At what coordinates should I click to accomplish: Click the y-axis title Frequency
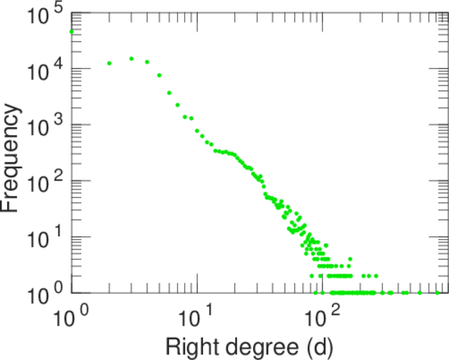pyautogui.click(x=13, y=159)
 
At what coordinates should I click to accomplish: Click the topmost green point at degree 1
pyautogui.click(x=72, y=32)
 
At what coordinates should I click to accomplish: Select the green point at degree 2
pyautogui.click(x=109, y=63)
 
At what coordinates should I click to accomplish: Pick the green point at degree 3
pyautogui.click(x=131, y=59)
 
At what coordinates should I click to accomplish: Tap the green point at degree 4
pyautogui.click(x=147, y=62)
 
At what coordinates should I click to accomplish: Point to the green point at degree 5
pyautogui.click(x=159, y=76)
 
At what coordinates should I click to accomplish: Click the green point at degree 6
pyautogui.click(x=169, y=93)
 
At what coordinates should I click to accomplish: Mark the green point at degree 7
pyautogui.click(x=177, y=105)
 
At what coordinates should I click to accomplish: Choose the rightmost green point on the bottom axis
pyautogui.click(x=438, y=293)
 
